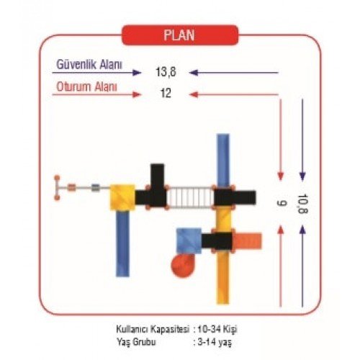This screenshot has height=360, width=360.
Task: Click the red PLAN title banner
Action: tap(180, 35)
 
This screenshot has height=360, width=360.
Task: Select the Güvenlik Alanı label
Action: tap(89, 65)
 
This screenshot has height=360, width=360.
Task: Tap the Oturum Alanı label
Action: tap(86, 86)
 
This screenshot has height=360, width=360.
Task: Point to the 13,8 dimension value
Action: tap(166, 72)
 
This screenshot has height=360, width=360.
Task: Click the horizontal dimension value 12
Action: tap(166, 93)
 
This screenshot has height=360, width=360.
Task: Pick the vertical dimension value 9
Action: tap(282, 203)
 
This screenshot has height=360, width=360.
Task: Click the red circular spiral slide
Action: tap(183, 265)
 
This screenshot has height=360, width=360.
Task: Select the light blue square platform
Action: tap(189, 240)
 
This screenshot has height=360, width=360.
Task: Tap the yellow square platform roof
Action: tap(122, 197)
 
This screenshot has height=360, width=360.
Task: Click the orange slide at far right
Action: tap(248, 240)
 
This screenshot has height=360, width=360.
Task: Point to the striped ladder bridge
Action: tap(190, 197)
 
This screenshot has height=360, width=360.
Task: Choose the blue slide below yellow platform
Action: tap(122, 243)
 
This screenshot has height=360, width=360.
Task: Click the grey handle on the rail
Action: tap(96, 188)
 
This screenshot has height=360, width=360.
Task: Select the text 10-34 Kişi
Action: tap(217, 329)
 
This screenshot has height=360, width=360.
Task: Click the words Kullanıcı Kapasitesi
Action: tap(153, 329)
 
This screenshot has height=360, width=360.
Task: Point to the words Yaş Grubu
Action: tap(136, 342)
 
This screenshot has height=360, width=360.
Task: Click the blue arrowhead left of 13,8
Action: tap(137, 73)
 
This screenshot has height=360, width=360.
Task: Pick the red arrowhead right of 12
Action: tap(194, 94)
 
